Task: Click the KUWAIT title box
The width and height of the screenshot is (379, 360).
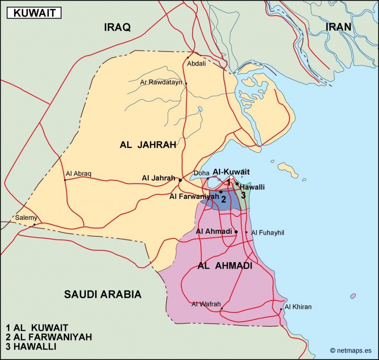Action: coord(34,13)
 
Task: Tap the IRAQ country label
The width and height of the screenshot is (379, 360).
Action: coord(117,27)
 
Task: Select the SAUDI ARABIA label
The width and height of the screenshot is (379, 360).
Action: coord(103,294)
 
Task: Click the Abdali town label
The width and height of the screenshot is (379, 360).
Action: coord(196,64)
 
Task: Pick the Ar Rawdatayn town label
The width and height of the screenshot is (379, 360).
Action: coord(161,82)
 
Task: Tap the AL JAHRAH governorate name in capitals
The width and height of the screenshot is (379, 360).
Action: coord(148,145)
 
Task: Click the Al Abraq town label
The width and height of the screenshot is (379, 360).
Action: coord(78,174)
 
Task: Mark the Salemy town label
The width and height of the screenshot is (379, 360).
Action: coord(26,218)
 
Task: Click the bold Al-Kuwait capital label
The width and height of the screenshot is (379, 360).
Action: coord(231,172)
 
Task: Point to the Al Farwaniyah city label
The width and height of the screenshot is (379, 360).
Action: coord(194,196)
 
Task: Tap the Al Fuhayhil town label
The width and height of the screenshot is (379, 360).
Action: coord(268,233)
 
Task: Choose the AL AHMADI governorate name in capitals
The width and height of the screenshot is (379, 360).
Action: coord(225,266)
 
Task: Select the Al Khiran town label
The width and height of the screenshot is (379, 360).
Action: coord(298,307)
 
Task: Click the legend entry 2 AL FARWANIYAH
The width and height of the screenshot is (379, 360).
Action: coord(48,337)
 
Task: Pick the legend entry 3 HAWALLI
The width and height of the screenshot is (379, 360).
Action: coord(31,347)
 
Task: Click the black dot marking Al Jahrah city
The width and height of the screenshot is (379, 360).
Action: coord(180,181)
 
